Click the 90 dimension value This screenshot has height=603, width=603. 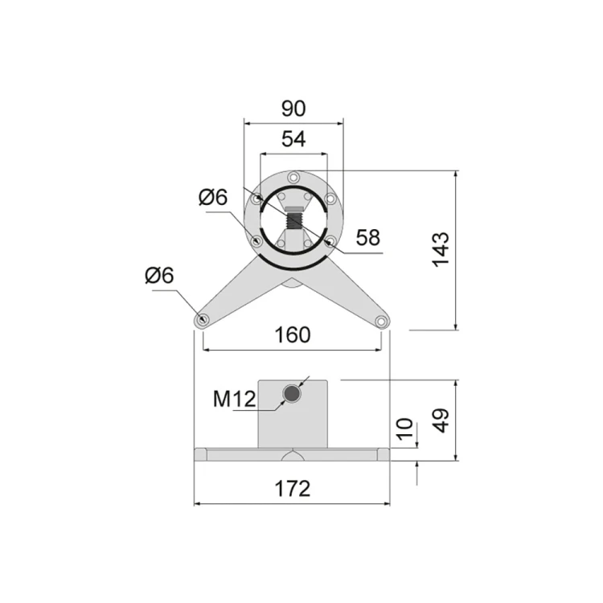pos(293,109)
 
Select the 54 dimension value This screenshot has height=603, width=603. pos(293,139)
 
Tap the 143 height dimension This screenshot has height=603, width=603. pos(441,249)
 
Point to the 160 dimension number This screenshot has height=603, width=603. pos(293,335)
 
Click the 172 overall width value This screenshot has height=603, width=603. pos(293,489)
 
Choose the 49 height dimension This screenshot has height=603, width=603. pos(441,420)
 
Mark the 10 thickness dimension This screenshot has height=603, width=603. pos(404,429)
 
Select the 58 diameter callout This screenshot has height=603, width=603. pos(368,238)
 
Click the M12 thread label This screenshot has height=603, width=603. pos(234,399)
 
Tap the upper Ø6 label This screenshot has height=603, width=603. pos(213,197)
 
